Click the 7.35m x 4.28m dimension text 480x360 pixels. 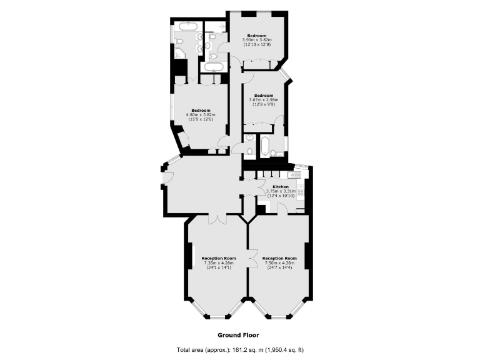[219, 263]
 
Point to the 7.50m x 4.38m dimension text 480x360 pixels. [279, 263]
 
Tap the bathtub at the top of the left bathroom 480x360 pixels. [187, 26]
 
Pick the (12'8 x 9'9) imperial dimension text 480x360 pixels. [264, 104]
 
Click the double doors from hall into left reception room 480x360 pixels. [217, 218]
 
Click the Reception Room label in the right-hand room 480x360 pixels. [279, 258]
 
